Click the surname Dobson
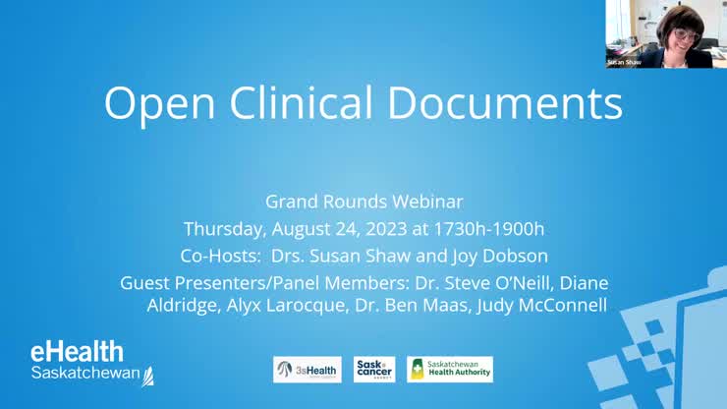(x=512, y=256)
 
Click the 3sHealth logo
(x=308, y=369)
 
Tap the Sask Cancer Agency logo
(x=374, y=369)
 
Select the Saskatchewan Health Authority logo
(x=450, y=369)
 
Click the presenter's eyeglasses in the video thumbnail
(x=684, y=35)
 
